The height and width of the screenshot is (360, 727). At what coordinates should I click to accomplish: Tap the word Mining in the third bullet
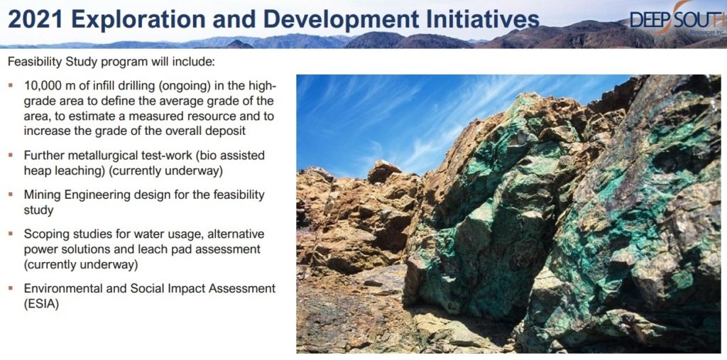coord(42,195)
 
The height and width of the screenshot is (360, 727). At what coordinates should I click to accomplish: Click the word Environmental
coord(57,288)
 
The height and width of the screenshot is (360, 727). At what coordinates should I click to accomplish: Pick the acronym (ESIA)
coord(42,305)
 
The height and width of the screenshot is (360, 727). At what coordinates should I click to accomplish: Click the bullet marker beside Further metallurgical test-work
coord(11,155)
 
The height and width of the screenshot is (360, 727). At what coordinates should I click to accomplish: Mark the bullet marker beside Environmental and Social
coord(11,288)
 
